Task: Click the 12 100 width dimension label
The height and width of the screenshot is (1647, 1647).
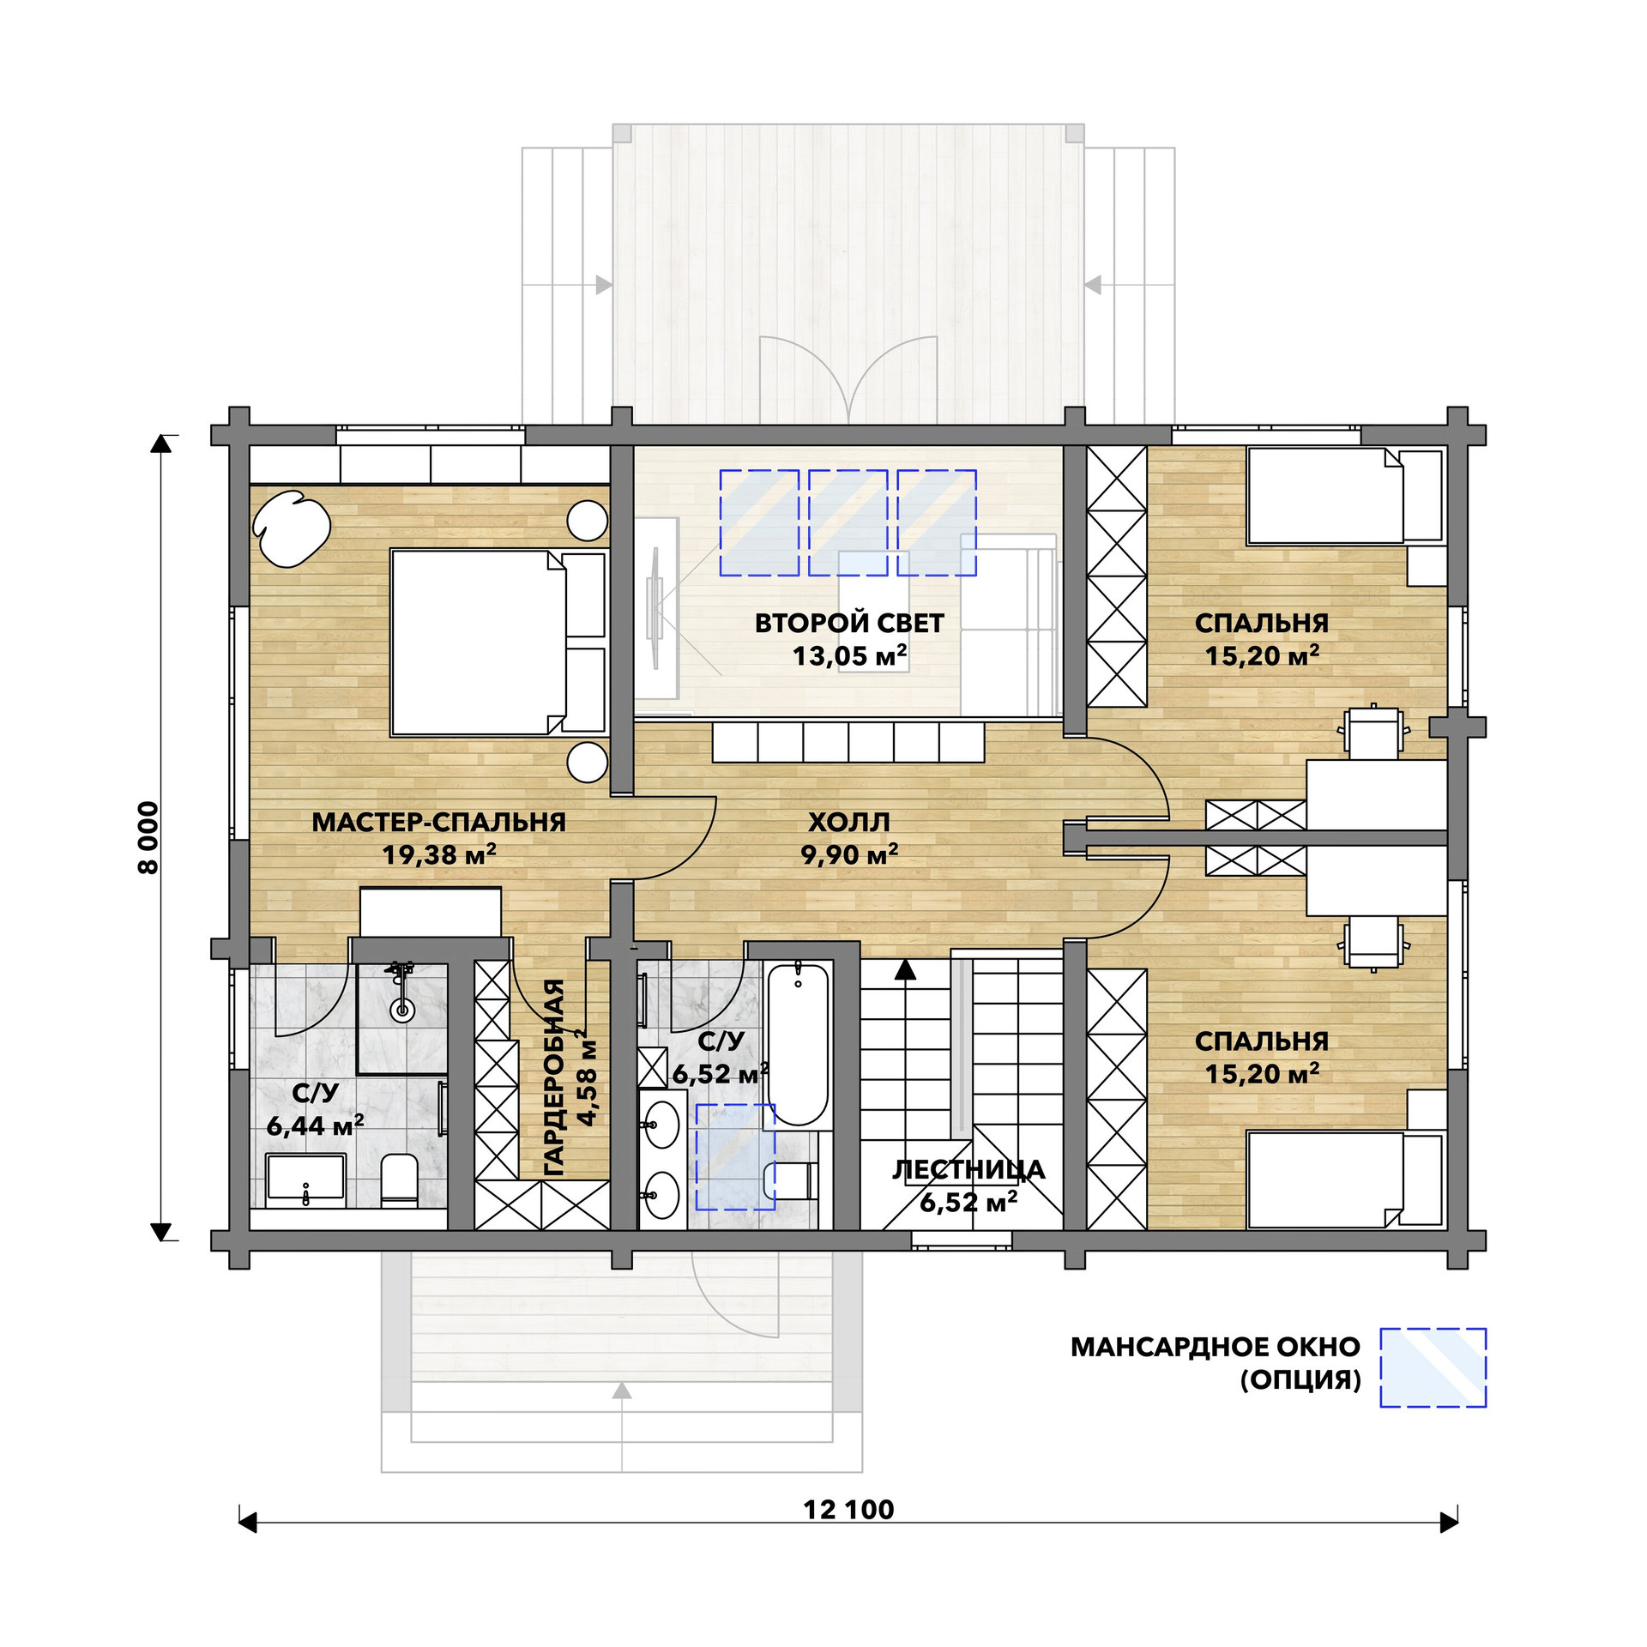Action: pyautogui.click(x=848, y=1509)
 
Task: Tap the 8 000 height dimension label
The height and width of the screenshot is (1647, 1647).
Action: pyautogui.click(x=148, y=838)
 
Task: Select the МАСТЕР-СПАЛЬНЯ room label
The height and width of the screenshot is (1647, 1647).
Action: pyautogui.click(x=438, y=822)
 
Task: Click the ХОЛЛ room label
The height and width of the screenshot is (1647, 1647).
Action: pyautogui.click(x=849, y=822)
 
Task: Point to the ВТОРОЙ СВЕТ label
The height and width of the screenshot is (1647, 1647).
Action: pyautogui.click(x=849, y=623)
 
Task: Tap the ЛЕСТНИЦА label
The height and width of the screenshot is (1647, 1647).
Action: pyautogui.click(x=968, y=1170)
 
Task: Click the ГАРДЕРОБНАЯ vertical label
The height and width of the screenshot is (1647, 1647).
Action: pyautogui.click(x=555, y=1077)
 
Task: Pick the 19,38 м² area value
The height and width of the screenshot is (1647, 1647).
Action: pyautogui.click(x=439, y=854)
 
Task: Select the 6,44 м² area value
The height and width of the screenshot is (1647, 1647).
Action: pyautogui.click(x=315, y=1125)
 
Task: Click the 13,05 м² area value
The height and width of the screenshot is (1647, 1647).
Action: pyautogui.click(x=849, y=655)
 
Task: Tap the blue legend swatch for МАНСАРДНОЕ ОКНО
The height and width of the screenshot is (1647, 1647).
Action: pyautogui.click(x=1433, y=1367)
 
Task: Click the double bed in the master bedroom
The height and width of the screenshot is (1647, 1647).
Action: pyautogui.click(x=498, y=643)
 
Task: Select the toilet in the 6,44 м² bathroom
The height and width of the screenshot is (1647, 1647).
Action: pyautogui.click(x=399, y=1179)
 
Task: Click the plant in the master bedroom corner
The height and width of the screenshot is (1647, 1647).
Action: pyautogui.click(x=292, y=528)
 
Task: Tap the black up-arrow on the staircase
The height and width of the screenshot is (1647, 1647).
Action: pyautogui.click(x=905, y=968)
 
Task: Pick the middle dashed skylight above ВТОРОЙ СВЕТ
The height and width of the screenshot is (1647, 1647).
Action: pyautogui.click(x=848, y=522)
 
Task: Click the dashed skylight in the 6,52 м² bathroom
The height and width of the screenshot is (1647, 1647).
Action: pyautogui.click(x=735, y=1156)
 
